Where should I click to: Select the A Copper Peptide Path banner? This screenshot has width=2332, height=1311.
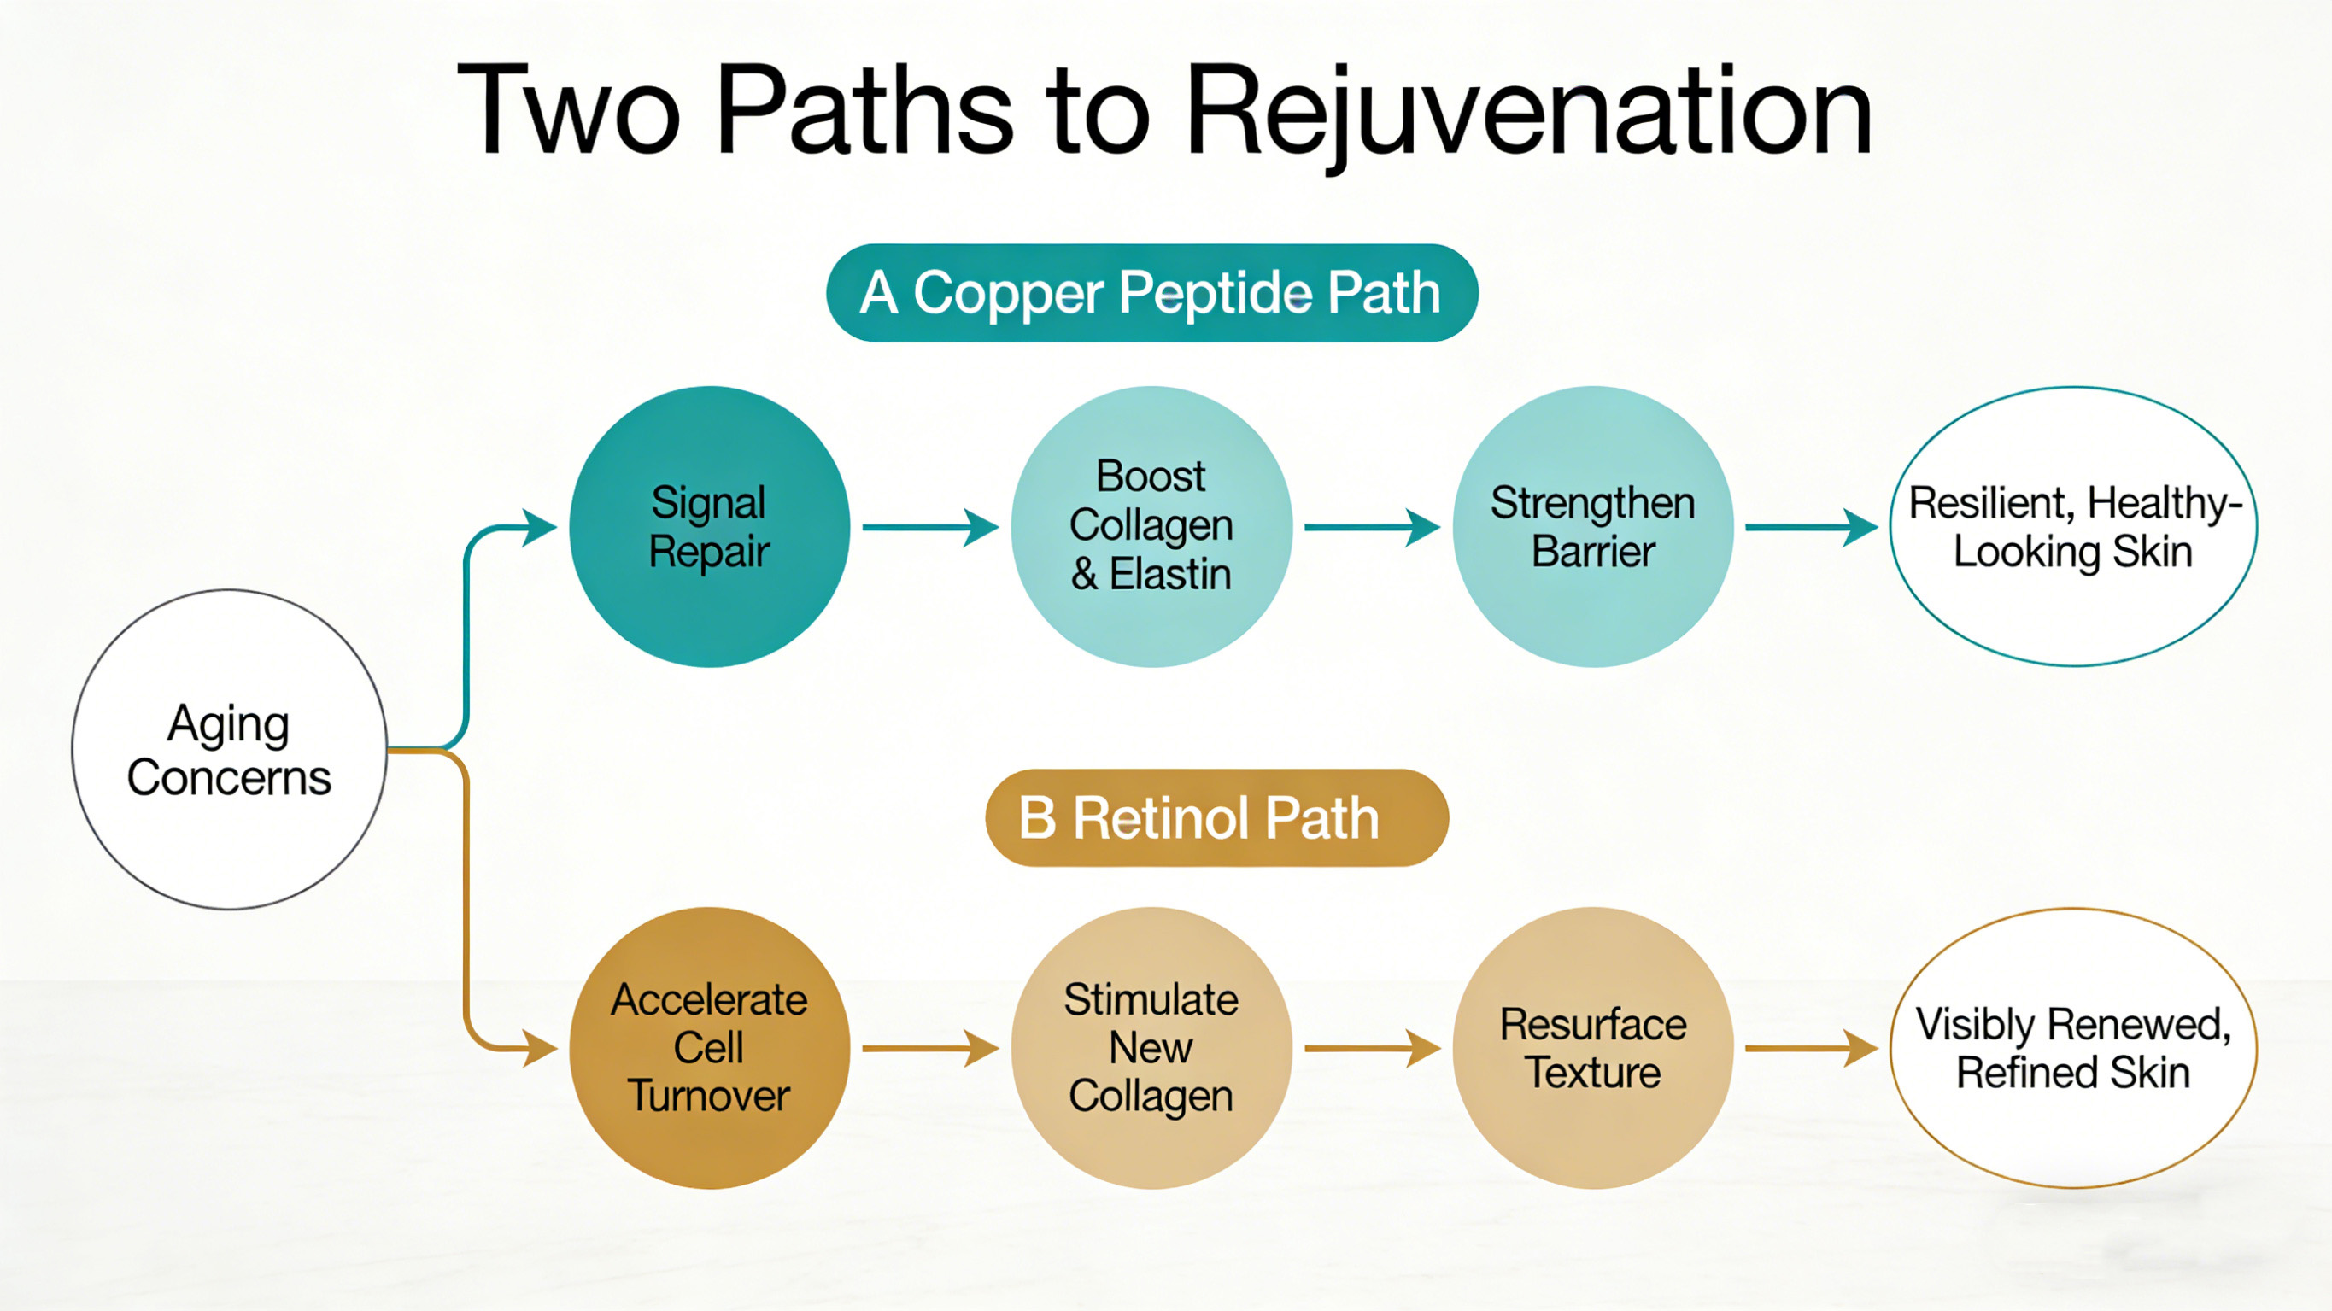[x=1151, y=292]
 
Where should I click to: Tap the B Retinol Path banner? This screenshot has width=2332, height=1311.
[x=1216, y=817]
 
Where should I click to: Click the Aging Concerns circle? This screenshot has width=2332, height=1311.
[x=229, y=750]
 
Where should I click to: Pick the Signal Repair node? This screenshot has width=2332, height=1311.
[x=709, y=527]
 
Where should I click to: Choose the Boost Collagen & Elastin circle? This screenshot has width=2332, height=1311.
[x=1151, y=527]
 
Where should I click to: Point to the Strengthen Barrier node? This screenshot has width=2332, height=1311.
[x=1592, y=527]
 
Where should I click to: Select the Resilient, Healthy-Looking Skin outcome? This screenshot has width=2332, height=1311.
[x=2073, y=527]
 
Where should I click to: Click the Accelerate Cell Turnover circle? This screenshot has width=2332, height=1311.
[x=709, y=1048]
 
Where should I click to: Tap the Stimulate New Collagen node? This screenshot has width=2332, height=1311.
[x=1151, y=1048]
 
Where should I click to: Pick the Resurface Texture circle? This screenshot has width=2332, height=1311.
[x=1592, y=1048]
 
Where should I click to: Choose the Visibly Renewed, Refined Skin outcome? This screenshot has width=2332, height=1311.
[x=2073, y=1048]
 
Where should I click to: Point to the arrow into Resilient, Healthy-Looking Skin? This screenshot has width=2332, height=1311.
[x=1811, y=527]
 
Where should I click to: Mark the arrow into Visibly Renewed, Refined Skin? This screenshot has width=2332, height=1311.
[x=1811, y=1049]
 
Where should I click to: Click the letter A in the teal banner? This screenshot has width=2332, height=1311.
[x=878, y=293]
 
